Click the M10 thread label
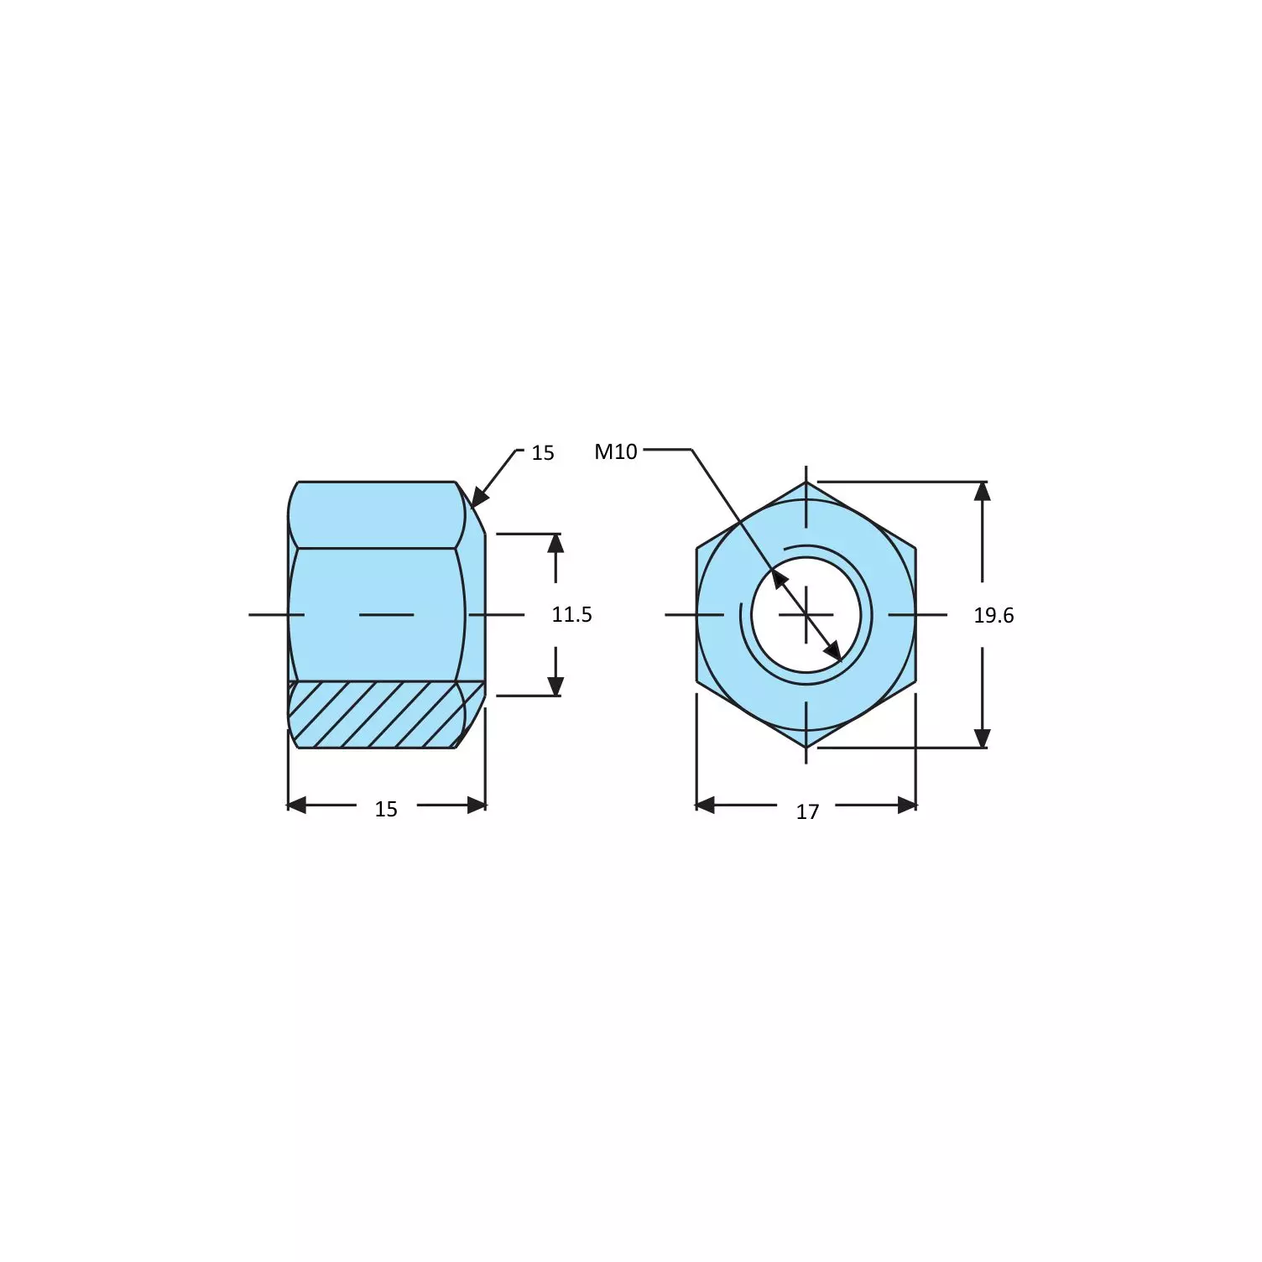point(615,451)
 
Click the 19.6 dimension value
point(993,615)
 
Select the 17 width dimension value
point(807,811)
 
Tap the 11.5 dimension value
point(571,614)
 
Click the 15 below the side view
point(386,809)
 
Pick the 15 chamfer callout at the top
point(543,453)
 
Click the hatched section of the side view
point(378,715)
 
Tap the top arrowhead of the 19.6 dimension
point(982,491)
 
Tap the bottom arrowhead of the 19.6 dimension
point(982,738)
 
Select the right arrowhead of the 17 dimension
point(906,806)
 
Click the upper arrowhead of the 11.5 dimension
point(555,543)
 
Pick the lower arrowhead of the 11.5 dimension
point(555,686)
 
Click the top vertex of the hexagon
point(806,482)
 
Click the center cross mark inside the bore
point(806,615)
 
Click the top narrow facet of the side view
point(376,515)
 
